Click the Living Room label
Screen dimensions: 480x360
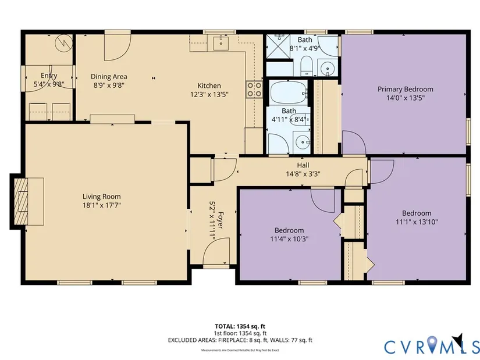[x=102, y=197]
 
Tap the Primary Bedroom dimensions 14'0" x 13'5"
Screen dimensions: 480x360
[x=406, y=98]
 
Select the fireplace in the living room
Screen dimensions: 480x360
[x=21, y=201]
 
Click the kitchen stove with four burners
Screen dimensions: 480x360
[x=254, y=90]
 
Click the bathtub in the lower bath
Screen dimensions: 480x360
[x=289, y=92]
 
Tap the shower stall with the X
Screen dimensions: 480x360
[x=278, y=46]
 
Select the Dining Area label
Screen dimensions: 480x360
[x=109, y=77]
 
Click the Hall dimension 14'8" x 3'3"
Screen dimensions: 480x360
[x=303, y=174]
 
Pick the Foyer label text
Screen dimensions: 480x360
[x=220, y=220]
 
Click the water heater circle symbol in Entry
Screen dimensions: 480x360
[x=63, y=43]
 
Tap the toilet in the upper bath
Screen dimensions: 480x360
[x=306, y=66]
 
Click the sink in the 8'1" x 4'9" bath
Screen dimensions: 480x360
[x=328, y=67]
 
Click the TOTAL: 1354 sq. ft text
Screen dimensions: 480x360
[x=240, y=326]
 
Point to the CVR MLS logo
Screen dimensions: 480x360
[x=432, y=345]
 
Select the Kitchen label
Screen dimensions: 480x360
[x=209, y=85]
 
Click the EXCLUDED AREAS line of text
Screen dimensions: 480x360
[x=240, y=340]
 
